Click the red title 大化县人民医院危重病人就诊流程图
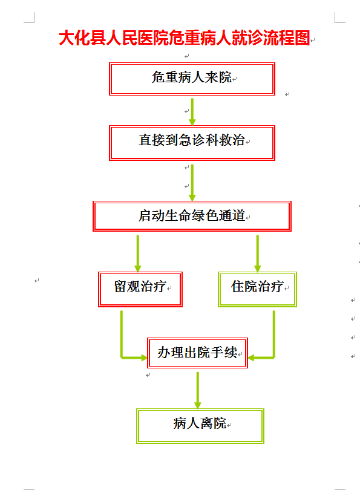pos(185,38)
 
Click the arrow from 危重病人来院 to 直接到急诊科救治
pos(192,112)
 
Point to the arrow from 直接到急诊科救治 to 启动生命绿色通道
pos(192,183)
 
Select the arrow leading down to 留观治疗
pos(138,253)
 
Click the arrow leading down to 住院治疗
pos(258,253)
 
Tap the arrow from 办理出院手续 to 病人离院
pos(197,390)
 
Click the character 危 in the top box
pos(158,77)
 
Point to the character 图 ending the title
pos(302,38)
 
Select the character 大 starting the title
pos(66,38)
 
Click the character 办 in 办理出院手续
pos(164,353)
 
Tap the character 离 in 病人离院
pos(206,423)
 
